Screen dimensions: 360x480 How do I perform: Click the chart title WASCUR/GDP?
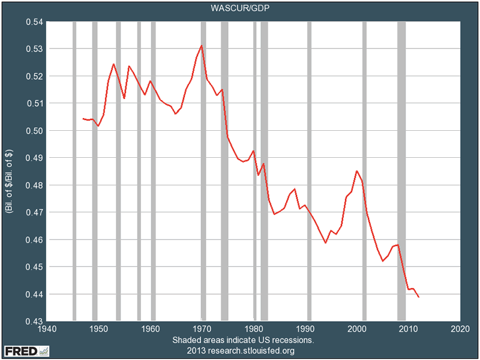pyautogui.click(x=240, y=8)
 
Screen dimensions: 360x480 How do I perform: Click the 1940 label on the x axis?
pyautogui.click(x=47, y=329)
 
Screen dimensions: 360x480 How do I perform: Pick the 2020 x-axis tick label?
pyautogui.click(x=460, y=329)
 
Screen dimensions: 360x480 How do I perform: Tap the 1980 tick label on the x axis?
pyautogui.click(x=253, y=329)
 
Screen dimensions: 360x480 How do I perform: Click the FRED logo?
pyautogui.click(x=27, y=350)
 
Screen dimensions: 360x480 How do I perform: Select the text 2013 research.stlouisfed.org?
pyautogui.click(x=240, y=350)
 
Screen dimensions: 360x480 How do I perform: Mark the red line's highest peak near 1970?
pyautogui.click(x=202, y=46)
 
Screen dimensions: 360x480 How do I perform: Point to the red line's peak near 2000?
pyautogui.click(x=357, y=171)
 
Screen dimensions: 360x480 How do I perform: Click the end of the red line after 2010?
pyautogui.click(x=418, y=297)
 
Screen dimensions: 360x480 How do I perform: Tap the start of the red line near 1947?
pyautogui.click(x=83, y=119)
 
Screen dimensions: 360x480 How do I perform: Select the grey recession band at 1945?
pyautogui.click(x=74, y=171)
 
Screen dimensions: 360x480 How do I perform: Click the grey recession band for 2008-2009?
pyautogui.click(x=401, y=171)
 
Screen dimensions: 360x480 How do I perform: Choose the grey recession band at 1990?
pyautogui.click(x=310, y=171)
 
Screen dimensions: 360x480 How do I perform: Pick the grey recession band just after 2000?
pyautogui.click(x=364, y=171)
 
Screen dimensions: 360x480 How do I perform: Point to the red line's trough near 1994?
pyautogui.click(x=326, y=242)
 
